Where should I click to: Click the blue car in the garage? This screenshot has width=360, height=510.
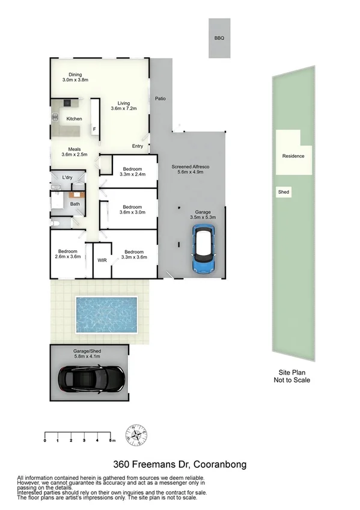tap(204, 248)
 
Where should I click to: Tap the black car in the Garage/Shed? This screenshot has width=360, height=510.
tap(91, 378)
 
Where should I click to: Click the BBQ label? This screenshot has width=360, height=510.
tap(219, 38)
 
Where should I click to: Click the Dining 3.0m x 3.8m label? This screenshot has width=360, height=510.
tap(75, 77)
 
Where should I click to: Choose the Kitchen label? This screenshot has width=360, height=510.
tap(74, 119)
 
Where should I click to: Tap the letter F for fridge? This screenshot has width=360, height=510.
tap(94, 129)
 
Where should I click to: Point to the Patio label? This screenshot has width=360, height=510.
tap(160, 98)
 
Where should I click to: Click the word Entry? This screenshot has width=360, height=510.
tap(138, 146)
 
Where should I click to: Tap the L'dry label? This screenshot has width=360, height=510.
tap(67, 177)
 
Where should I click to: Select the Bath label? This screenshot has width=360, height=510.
tap(75, 204)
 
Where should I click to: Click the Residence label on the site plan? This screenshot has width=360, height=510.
tap(293, 156)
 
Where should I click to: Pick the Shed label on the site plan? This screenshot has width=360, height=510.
tap(283, 192)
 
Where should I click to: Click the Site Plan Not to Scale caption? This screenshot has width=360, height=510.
tap(292, 376)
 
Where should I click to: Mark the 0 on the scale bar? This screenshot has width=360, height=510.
tap(45, 441)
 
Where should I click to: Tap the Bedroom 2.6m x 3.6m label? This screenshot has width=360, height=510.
tap(67, 254)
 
